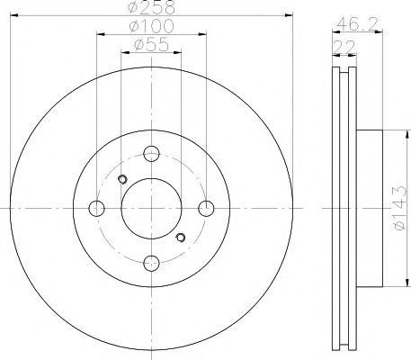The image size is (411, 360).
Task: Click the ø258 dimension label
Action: coord(151,7)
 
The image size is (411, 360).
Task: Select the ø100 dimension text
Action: coord(151,26)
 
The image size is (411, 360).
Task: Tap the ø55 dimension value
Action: coord(152,45)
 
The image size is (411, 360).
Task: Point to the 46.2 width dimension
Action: coord(357,23)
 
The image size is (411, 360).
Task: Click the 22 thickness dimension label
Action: coord(344,47)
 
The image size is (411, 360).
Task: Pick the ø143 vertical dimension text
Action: coord(400,208)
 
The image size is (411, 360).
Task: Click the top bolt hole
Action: coord(151,154)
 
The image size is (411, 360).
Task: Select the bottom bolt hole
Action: coord(151,263)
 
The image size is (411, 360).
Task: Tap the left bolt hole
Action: coord(96,209)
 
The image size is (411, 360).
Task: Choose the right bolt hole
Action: coord(206,209)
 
